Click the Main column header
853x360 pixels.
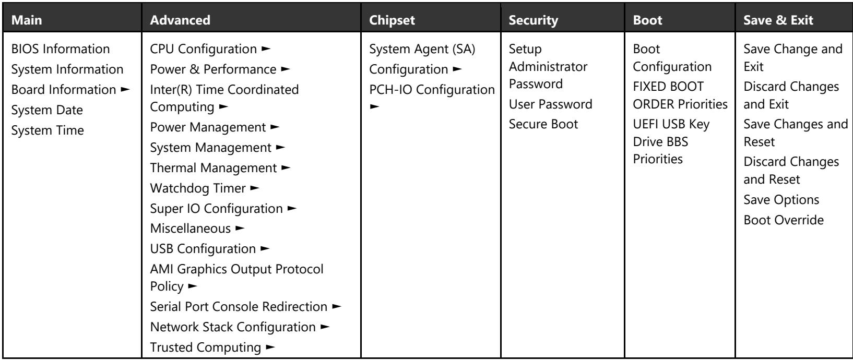pos(27,20)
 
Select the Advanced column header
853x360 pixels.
pos(180,20)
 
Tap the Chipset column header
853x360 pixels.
pos(392,20)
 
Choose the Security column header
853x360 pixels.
pos(533,20)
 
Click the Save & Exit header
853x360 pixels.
pos(778,20)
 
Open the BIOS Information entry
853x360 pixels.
pos(61,49)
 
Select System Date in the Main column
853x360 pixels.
pos(47,110)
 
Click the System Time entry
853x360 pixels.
pos(48,130)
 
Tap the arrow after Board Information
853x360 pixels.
pos(125,89)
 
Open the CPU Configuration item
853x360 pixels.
pos(204,49)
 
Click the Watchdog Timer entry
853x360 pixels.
pos(198,188)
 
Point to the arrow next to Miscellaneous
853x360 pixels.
pos(240,229)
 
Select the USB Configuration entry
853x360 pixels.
pos(203,249)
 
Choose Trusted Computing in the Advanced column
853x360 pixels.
pos(206,347)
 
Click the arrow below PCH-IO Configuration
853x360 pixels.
pos(374,106)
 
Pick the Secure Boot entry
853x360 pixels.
pos(543,124)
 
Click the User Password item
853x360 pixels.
pos(551,104)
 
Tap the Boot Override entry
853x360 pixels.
pos(784,220)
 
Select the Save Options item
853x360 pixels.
pos(781,200)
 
